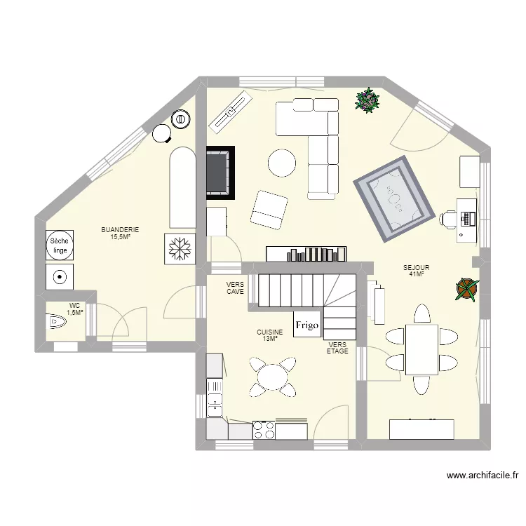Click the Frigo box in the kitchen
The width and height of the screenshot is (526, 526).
(x=306, y=325)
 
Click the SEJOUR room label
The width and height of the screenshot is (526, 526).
(x=416, y=271)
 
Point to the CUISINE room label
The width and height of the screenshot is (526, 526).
(x=270, y=336)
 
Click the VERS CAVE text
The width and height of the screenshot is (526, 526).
(x=235, y=288)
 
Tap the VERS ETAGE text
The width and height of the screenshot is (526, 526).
(x=337, y=348)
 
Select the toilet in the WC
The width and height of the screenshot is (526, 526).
(x=56, y=322)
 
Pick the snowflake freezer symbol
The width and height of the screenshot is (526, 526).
(x=181, y=248)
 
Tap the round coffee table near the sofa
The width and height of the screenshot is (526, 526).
(x=282, y=163)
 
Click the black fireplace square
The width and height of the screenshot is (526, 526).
(x=220, y=172)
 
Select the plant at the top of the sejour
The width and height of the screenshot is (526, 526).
(x=367, y=100)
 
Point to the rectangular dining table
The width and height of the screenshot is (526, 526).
(x=422, y=350)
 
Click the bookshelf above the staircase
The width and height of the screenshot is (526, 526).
(x=306, y=253)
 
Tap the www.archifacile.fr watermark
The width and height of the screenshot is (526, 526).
(x=483, y=476)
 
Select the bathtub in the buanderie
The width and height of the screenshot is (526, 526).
(x=182, y=187)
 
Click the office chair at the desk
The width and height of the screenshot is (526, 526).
(x=448, y=220)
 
